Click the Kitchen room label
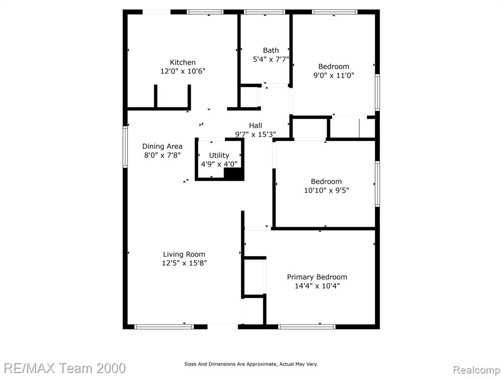[x=182, y=62]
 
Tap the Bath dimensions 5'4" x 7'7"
[x=271, y=59]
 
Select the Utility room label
[x=219, y=156]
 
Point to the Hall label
[x=255, y=126]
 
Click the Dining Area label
[x=162, y=146]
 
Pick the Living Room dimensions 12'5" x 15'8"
[x=184, y=263]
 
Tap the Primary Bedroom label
[x=317, y=277]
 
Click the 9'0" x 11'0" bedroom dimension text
[x=333, y=75]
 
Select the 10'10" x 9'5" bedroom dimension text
[x=326, y=190]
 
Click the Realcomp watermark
[x=477, y=370]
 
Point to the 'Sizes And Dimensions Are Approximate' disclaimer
[x=251, y=364]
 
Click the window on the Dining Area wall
[x=125, y=147]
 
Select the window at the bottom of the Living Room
[x=164, y=326]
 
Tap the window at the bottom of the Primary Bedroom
[x=307, y=326]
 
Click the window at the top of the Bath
[x=264, y=12]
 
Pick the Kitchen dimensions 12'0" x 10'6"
[x=183, y=71]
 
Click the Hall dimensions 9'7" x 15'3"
[x=255, y=135]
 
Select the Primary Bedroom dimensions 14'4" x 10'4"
[x=317, y=286]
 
